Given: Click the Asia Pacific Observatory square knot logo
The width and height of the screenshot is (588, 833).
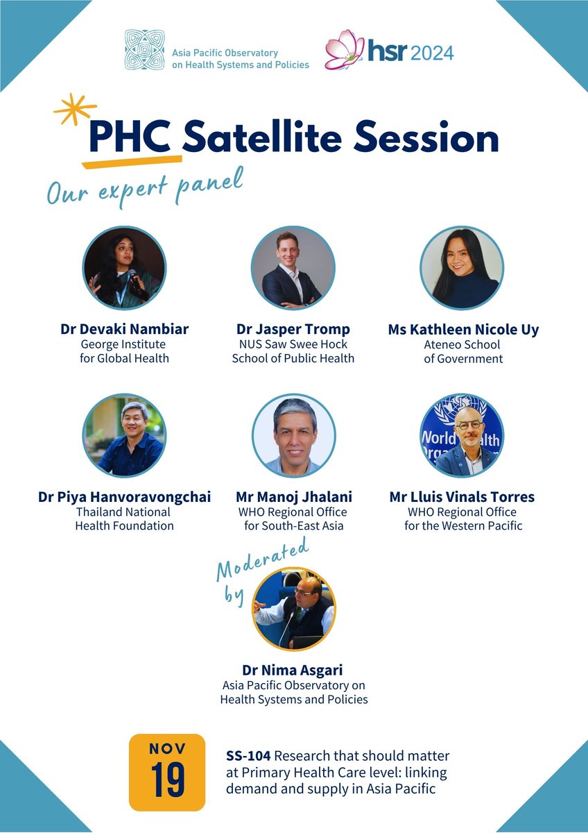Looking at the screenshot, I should [144, 49].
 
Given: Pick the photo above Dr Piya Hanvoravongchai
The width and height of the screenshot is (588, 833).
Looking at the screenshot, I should [124, 436].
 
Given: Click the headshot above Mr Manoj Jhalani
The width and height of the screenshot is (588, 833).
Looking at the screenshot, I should [293, 436].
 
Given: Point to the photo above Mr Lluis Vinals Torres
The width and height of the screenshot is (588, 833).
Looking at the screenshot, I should [462, 436].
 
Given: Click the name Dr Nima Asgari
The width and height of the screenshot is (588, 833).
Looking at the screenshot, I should [293, 670].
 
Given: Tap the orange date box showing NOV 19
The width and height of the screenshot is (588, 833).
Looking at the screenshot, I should [167, 772].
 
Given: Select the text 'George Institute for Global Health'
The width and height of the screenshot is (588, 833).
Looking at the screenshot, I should [124, 351].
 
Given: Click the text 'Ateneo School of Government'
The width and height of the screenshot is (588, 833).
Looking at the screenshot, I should [462, 351].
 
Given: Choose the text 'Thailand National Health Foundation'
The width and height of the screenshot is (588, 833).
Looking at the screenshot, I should [124, 519].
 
